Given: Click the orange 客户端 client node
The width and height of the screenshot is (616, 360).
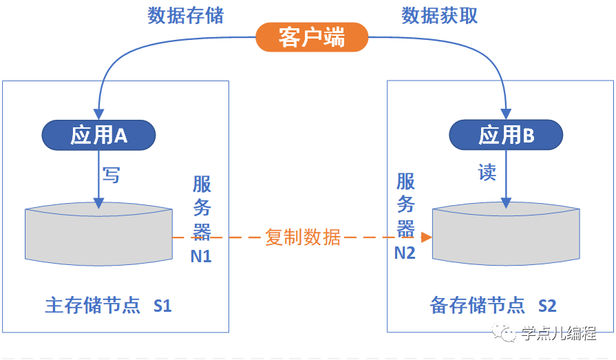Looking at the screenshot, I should pyautogui.click(x=312, y=38).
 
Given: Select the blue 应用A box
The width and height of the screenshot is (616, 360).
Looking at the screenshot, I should pyautogui.click(x=99, y=136).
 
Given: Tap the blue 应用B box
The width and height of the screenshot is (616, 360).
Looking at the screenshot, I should pyautogui.click(x=506, y=136).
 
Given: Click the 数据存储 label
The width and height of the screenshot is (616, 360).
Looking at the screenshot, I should pyautogui.click(x=186, y=16).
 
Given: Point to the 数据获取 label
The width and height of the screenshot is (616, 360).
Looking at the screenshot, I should pyautogui.click(x=439, y=16).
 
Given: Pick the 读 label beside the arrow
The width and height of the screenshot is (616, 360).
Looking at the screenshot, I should pyautogui.click(x=487, y=172).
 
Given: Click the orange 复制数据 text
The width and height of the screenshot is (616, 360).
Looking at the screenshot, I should pyautogui.click(x=303, y=237).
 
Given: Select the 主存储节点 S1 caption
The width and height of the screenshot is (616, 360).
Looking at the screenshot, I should pyautogui.click(x=108, y=305).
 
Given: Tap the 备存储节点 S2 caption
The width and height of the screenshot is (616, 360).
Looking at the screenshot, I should pyautogui.click(x=493, y=305).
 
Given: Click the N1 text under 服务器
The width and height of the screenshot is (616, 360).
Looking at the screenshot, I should pyautogui.click(x=202, y=256).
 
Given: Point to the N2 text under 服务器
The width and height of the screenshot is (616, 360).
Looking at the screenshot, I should pyautogui.click(x=405, y=253).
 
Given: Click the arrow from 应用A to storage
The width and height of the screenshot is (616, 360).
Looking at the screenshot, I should pyautogui.click(x=99, y=179).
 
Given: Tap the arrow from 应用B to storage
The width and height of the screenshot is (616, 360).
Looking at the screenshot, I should pyautogui.click(x=506, y=179).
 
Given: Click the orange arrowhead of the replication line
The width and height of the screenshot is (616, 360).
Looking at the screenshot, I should pyautogui.click(x=427, y=237).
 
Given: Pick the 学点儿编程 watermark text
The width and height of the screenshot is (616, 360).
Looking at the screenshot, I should pyautogui.click(x=558, y=334).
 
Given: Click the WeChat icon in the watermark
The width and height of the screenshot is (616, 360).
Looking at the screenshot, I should pyautogui.click(x=508, y=334).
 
